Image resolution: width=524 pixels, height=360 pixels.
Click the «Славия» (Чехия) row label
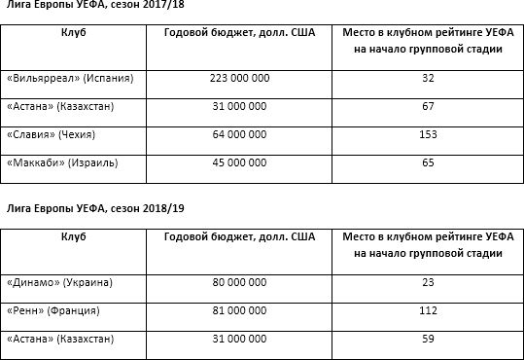pyautogui.click(x=58, y=133)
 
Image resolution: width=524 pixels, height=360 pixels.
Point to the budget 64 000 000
pyautogui.click(x=238, y=133)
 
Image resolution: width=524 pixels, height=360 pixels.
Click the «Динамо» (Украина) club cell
pyautogui.click(x=60, y=283)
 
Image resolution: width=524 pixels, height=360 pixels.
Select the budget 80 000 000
pyautogui.click(x=238, y=283)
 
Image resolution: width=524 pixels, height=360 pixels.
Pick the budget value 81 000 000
pyautogui.click(x=238, y=310)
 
